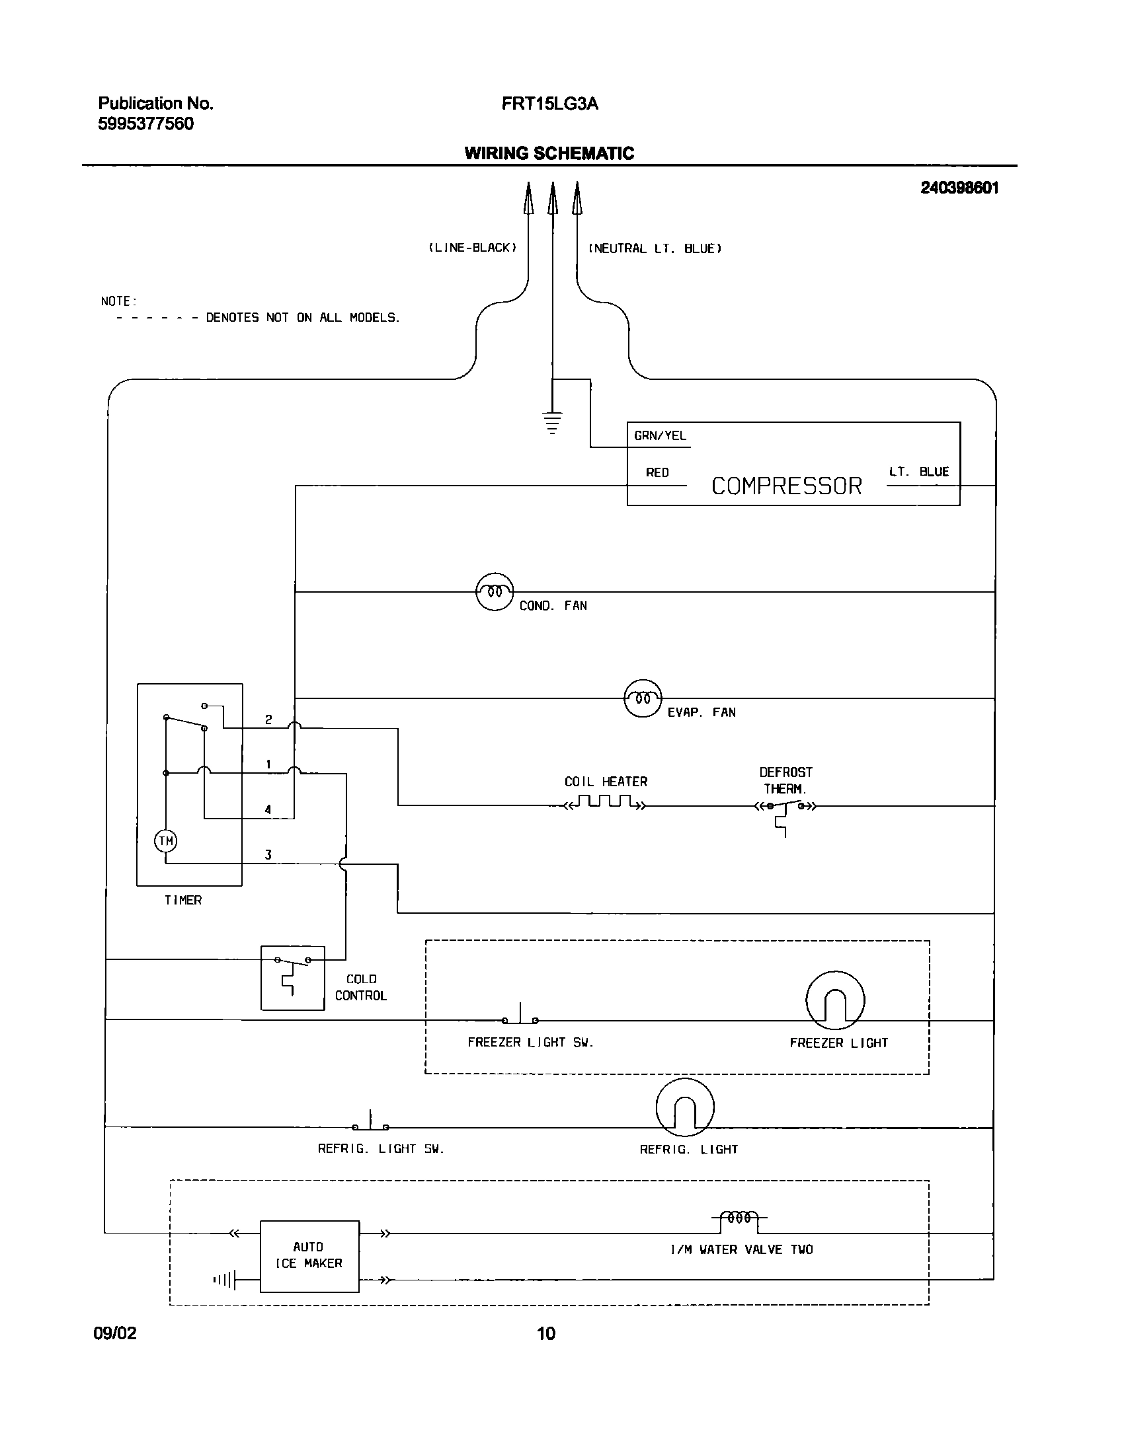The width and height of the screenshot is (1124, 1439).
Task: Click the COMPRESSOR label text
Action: pos(786,486)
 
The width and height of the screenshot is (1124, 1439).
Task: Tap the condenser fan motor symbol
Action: pos(495,591)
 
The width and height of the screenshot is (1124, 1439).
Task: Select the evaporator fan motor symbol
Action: pos(643,698)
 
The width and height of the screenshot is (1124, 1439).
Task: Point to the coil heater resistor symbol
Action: pos(605,802)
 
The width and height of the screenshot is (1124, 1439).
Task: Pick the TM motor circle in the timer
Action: pos(165,841)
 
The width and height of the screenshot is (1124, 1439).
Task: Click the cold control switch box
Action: pos(292,978)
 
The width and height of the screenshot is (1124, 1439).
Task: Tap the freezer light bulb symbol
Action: pos(835,1000)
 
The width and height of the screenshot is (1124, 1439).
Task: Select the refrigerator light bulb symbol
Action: pos(685,1108)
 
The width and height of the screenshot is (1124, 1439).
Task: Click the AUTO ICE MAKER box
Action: pos(309,1256)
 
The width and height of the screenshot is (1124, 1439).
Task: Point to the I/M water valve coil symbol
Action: pos(739,1218)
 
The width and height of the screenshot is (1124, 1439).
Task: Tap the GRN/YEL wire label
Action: pos(660,435)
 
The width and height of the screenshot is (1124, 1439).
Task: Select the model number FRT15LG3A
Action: pos(549,104)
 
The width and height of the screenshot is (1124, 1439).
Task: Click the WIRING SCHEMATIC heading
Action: pos(549,153)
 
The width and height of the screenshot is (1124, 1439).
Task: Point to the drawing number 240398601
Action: pos(959,188)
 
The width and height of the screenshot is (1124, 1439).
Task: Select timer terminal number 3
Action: pos(268,855)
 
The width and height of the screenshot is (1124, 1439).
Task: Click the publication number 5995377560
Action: pos(146,124)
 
